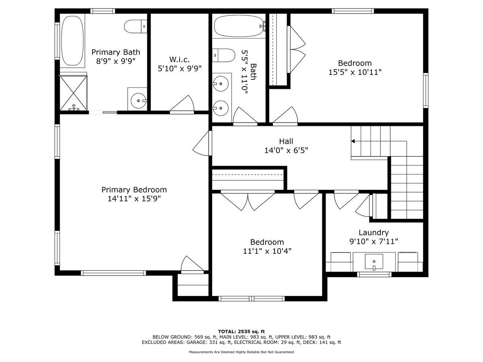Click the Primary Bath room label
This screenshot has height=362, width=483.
[116, 52]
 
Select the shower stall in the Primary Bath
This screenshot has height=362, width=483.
[73, 92]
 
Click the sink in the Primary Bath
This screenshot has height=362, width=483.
[138, 100]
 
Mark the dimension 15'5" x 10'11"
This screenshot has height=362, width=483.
[355, 72]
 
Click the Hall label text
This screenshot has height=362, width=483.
[286, 141]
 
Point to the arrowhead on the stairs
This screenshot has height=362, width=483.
[353, 141]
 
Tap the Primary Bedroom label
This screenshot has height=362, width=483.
[134, 190]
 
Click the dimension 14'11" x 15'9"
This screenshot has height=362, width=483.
[134, 199]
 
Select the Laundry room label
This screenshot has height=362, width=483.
[374, 232]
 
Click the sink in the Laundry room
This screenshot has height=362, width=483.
[374, 262]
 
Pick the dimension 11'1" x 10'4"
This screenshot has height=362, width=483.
[267, 251]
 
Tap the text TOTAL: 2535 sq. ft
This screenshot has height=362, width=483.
[241, 331]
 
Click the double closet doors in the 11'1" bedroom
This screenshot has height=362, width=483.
[248, 201]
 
